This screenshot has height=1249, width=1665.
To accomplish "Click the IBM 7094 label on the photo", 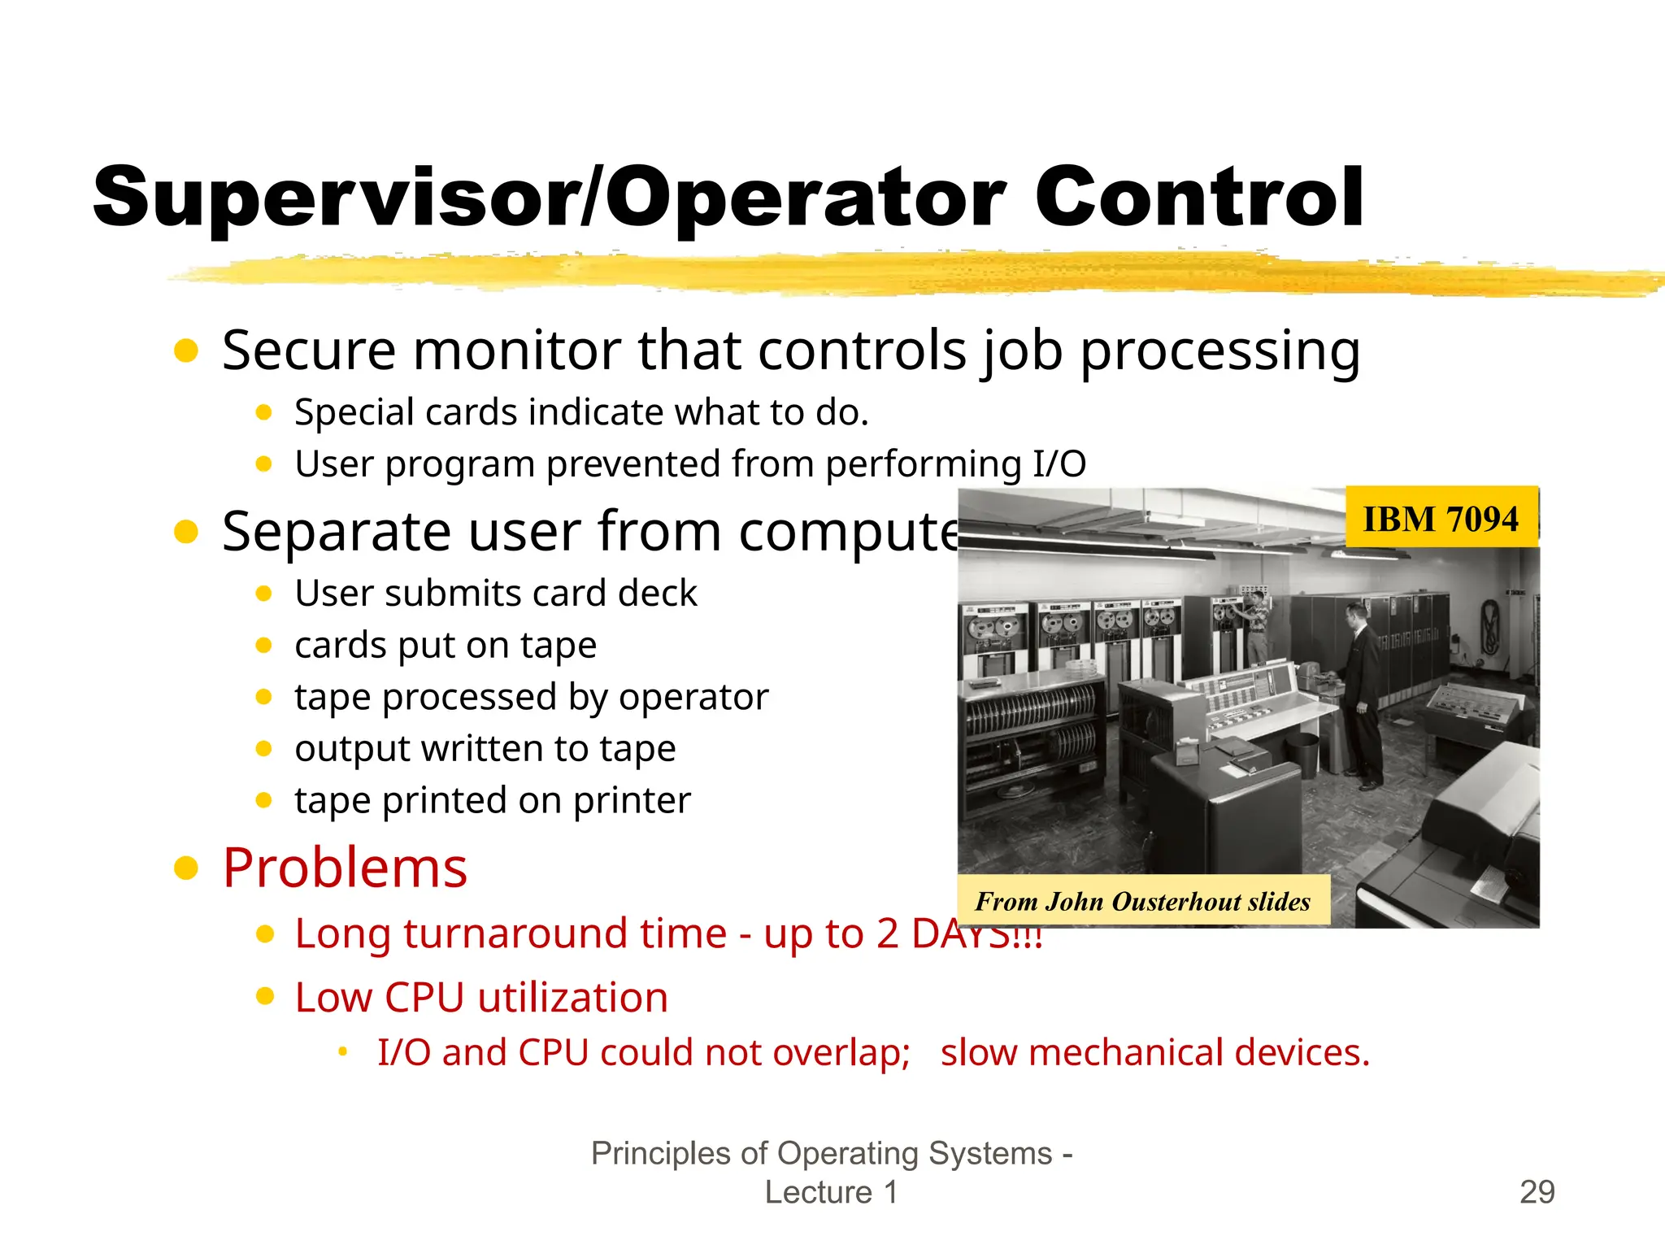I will point(1441,519).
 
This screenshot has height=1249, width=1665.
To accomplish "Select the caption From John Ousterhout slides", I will point(1142,901).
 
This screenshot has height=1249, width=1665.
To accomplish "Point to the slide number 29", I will point(1537,1192).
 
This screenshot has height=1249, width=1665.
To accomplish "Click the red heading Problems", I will point(345,868).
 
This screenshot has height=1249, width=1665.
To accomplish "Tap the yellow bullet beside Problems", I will point(186,868).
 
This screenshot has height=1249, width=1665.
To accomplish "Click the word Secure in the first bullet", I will point(308,350).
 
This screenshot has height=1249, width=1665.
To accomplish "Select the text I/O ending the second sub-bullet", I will point(1059,464).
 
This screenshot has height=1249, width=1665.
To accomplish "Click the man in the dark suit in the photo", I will point(1362,691).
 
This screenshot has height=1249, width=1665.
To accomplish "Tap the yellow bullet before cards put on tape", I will point(263,646).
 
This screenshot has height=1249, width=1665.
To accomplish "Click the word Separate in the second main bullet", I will point(336,532).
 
